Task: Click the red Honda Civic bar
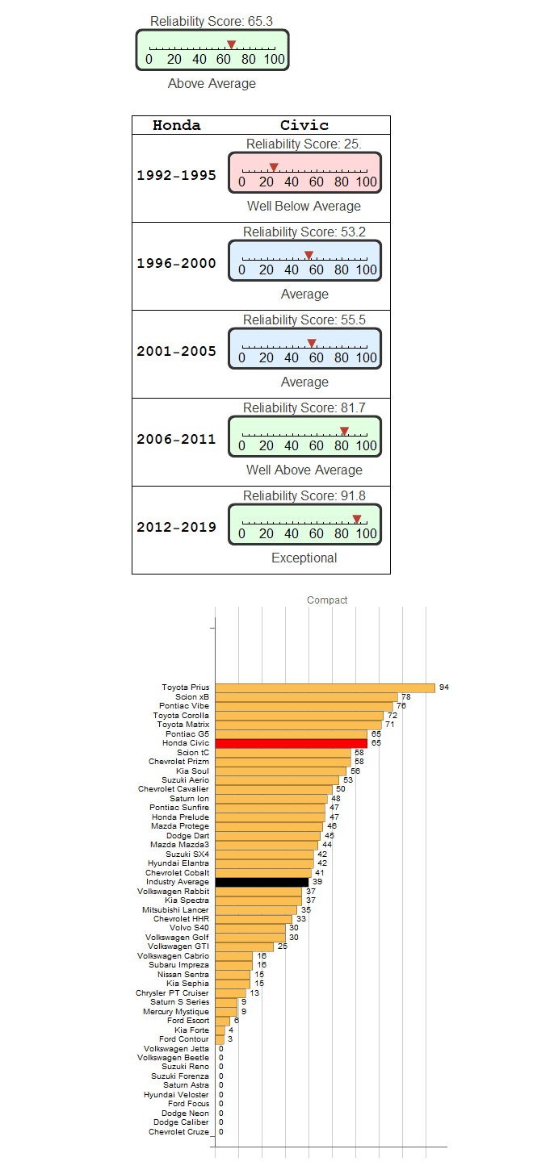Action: (x=291, y=743)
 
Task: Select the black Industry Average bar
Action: (x=262, y=882)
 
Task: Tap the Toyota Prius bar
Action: (x=325, y=687)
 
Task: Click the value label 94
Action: (x=444, y=687)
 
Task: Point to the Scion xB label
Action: (x=192, y=697)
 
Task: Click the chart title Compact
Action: (x=327, y=600)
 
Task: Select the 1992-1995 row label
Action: (x=176, y=175)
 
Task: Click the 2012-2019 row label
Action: (x=176, y=528)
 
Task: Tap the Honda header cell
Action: (x=176, y=125)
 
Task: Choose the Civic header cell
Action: (x=304, y=125)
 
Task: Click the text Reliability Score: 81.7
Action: (x=304, y=408)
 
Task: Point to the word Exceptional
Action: (x=304, y=558)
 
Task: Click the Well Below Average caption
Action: (x=304, y=207)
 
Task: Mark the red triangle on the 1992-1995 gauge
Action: (x=274, y=167)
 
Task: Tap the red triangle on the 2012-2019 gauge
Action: (x=357, y=519)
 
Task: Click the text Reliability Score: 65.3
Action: (x=212, y=21)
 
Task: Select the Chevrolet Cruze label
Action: (x=178, y=1132)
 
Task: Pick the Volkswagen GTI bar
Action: (x=244, y=946)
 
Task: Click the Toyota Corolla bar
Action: (x=299, y=716)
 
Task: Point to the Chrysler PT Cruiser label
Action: (x=172, y=993)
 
